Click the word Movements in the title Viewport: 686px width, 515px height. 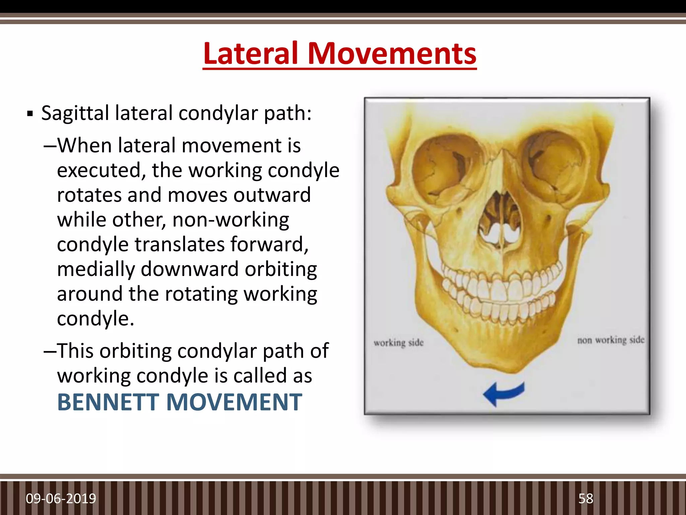[392, 54]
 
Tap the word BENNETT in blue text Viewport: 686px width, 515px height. [108, 402]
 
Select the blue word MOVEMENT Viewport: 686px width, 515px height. [234, 402]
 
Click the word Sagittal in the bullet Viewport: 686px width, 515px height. [75, 113]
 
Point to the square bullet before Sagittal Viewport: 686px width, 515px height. [30, 114]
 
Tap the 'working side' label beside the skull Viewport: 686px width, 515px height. [399, 343]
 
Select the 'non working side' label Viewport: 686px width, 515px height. [611, 340]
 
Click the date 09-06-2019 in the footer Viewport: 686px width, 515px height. [61, 499]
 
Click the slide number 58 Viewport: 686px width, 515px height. [586, 499]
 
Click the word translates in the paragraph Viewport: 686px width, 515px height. [180, 244]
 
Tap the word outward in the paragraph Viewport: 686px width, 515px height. [272, 195]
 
